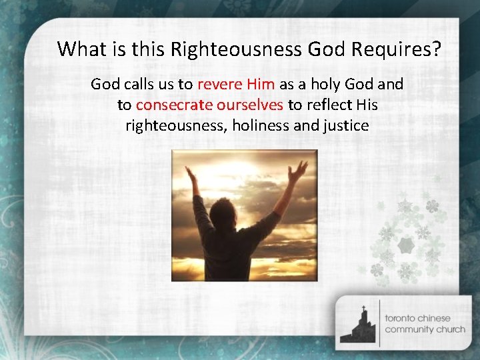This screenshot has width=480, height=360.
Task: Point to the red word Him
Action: coord(261,85)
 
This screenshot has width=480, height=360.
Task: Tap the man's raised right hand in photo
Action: coord(191,175)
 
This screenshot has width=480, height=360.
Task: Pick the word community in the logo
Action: coord(409,329)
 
